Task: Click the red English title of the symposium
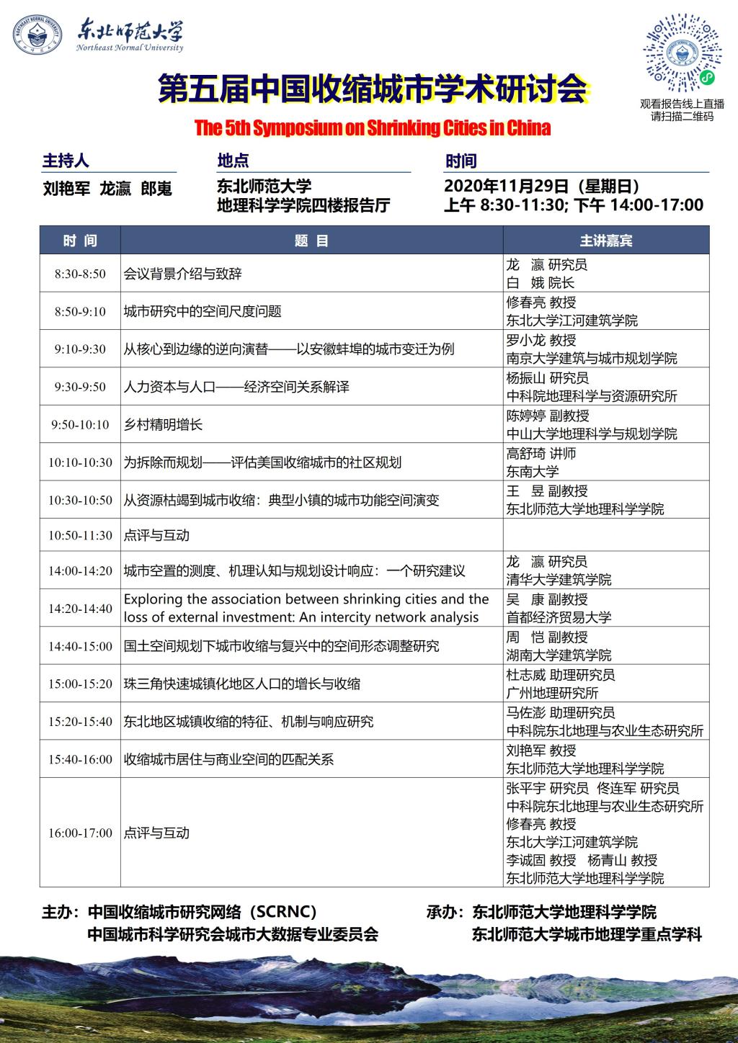(x=372, y=128)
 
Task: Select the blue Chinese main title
(x=373, y=89)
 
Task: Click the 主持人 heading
(x=66, y=161)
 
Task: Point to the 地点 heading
(x=233, y=161)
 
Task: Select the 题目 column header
(x=311, y=241)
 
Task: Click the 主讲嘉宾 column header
(x=605, y=241)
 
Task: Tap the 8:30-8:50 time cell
(x=80, y=274)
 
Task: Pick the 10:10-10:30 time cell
(x=80, y=462)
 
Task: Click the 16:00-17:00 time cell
(x=80, y=833)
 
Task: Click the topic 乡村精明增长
(x=164, y=424)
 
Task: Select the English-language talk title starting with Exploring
(x=306, y=608)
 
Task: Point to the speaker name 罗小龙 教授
(x=541, y=340)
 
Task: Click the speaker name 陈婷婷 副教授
(x=548, y=416)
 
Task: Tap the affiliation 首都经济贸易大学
(x=559, y=617)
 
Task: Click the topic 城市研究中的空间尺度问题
(x=203, y=311)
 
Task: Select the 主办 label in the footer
(x=58, y=913)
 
